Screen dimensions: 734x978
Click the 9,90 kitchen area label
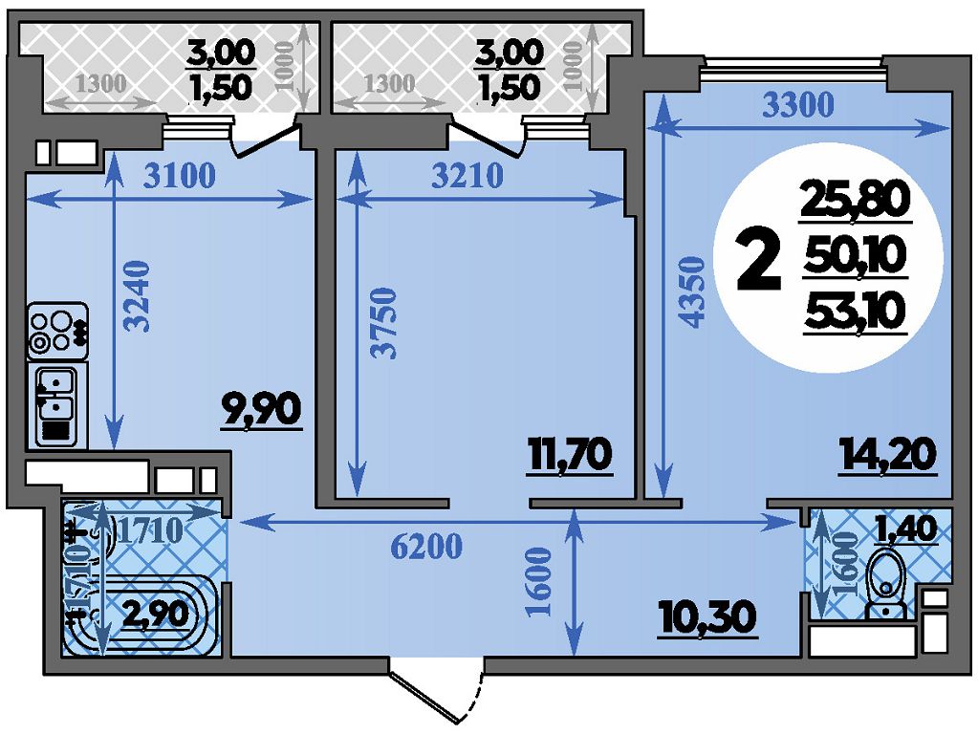260,411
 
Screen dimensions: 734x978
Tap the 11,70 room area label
569,456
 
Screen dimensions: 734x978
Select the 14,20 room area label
887,456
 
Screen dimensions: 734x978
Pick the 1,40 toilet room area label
904,528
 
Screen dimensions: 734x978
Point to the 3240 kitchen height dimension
140,295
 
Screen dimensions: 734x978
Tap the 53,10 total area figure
854,311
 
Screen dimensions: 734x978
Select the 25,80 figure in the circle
854,202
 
